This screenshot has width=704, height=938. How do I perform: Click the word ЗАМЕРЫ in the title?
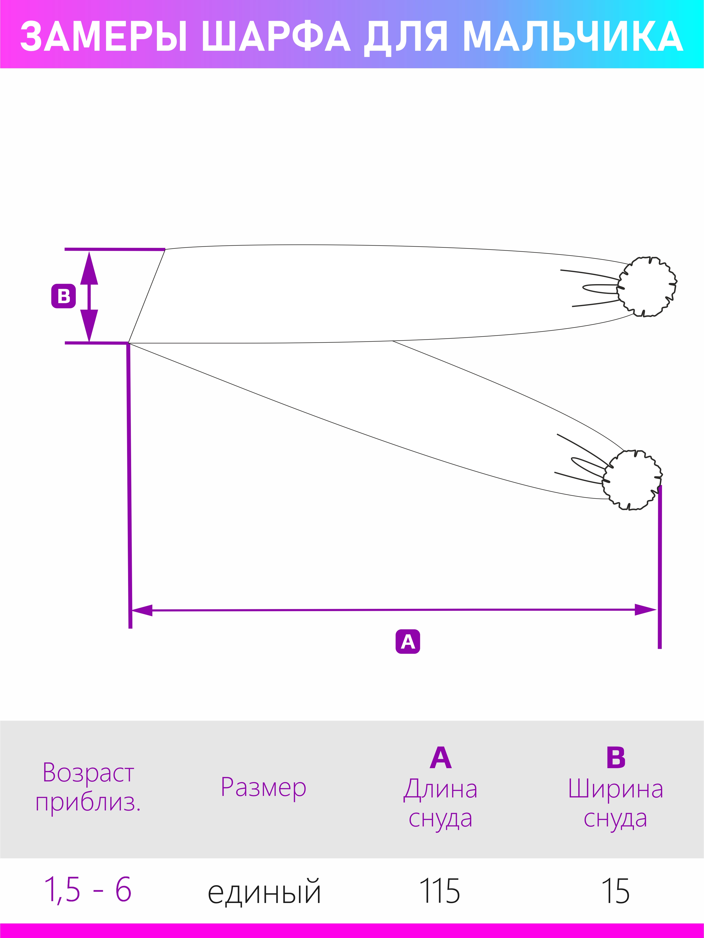pos(104,37)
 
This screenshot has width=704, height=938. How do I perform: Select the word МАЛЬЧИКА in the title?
pos(573,37)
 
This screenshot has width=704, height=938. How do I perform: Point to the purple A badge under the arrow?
pos(408,642)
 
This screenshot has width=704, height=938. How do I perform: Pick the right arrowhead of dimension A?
pos(645,610)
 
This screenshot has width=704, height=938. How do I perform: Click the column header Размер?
pos(263,787)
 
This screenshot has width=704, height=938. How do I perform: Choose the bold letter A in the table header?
pos(441,757)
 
